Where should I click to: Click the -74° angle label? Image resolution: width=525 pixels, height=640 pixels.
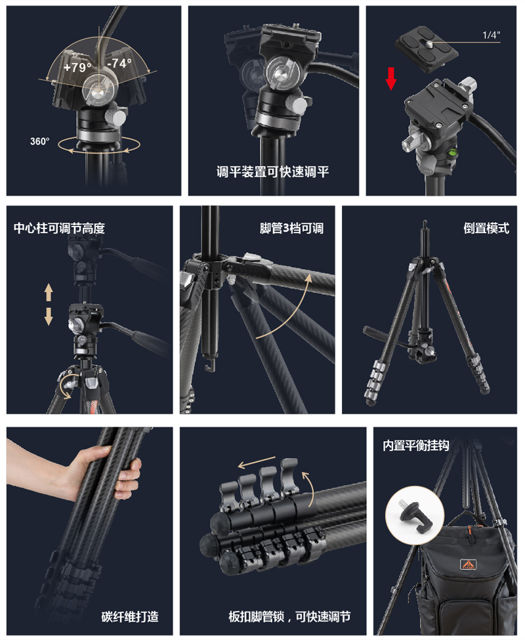click(x=119, y=63)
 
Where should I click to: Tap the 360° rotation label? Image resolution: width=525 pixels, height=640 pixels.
click(x=39, y=141)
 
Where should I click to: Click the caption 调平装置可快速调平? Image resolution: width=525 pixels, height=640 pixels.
click(x=273, y=173)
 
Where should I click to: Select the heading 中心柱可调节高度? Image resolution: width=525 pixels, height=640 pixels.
click(x=60, y=228)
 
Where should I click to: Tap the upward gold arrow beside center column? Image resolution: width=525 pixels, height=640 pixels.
click(x=49, y=291)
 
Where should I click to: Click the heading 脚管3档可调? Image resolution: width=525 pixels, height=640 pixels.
click(x=291, y=228)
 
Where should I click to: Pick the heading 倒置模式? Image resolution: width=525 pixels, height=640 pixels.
click(x=487, y=228)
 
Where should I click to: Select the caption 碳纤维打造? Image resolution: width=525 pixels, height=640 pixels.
click(x=130, y=616)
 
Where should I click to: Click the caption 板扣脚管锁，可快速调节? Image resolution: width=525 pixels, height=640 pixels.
click(x=289, y=616)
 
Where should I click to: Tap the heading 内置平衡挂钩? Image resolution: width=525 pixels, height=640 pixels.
click(x=416, y=446)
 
